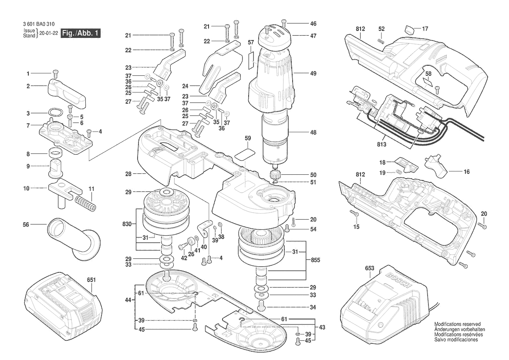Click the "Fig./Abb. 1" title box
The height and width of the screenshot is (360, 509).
(81, 33)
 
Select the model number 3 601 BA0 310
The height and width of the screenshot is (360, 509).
(39, 24)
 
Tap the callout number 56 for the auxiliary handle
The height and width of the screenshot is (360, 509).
(26, 224)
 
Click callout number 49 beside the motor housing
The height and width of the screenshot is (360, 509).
(313, 73)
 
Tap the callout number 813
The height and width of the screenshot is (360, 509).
(381, 144)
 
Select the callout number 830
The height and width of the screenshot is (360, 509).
(127, 224)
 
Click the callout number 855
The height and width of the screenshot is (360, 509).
(315, 260)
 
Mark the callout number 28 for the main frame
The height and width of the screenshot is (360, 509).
(128, 174)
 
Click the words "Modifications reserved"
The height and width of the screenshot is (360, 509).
(457, 324)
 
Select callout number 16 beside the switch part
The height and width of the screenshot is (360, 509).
(466, 172)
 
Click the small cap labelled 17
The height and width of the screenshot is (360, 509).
(409, 30)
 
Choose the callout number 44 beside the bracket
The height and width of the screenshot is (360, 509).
(128, 300)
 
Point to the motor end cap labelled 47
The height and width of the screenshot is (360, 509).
(274, 35)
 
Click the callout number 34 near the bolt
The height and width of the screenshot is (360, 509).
(313, 307)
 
